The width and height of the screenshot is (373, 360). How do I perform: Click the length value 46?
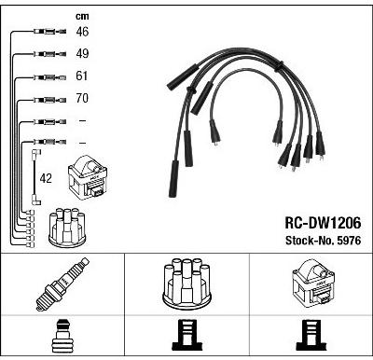click(x=82, y=32)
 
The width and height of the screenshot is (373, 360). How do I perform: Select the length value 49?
click(x=82, y=53)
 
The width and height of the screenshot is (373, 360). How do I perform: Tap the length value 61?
click(x=82, y=76)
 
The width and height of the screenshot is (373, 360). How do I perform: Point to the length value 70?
click(x=82, y=98)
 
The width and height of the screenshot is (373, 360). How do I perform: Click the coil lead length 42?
click(x=46, y=178)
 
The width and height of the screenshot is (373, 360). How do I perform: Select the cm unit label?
click(x=82, y=16)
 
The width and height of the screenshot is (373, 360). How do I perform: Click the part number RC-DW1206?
click(x=323, y=223)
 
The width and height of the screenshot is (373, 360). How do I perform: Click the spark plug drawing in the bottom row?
click(x=62, y=284)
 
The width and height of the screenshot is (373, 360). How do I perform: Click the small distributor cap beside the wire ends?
click(x=67, y=228)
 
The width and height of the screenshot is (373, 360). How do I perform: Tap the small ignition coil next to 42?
click(x=88, y=178)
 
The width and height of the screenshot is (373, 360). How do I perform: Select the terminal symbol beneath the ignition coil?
click(x=311, y=336)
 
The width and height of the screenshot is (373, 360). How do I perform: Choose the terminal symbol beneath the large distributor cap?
click(x=186, y=336)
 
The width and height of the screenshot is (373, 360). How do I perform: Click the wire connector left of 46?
click(x=49, y=31)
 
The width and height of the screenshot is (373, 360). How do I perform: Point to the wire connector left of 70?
click(x=49, y=100)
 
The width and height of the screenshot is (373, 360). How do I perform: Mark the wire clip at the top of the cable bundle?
click(x=279, y=65)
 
